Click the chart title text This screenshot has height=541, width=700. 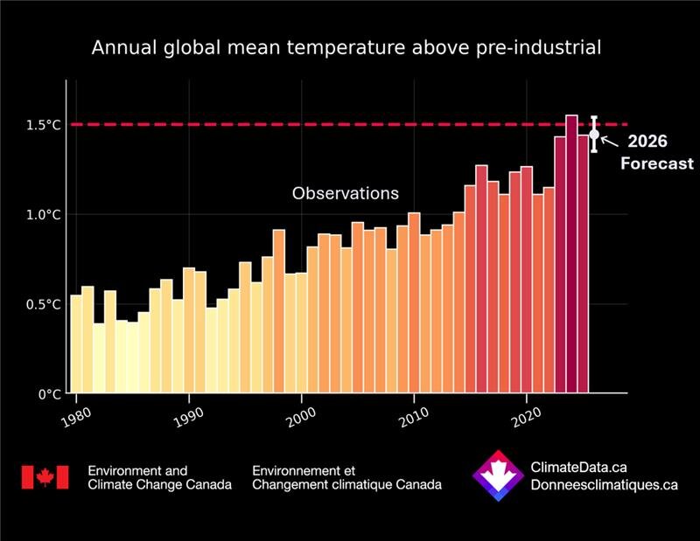(x=346, y=48)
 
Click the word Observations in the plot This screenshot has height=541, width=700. (x=346, y=193)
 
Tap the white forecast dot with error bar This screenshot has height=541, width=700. (x=594, y=135)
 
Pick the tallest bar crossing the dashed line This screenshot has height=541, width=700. (x=571, y=253)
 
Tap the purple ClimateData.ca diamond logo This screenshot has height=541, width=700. (x=497, y=477)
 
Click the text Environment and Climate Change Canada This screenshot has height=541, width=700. (x=160, y=477)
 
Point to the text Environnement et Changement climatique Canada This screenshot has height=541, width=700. (x=346, y=477)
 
